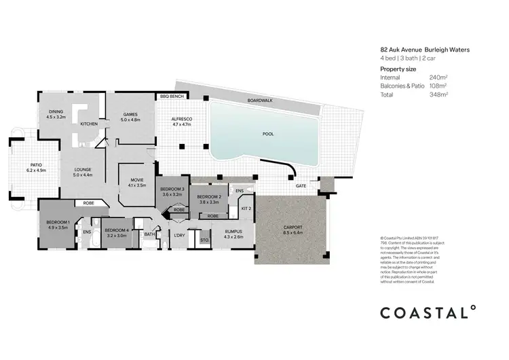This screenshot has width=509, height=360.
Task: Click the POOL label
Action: click(267, 134)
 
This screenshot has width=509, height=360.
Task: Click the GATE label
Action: click(300, 185)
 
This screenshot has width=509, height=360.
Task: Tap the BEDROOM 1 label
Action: click(58, 222)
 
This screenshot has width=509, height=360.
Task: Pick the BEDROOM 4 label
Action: click(117, 230)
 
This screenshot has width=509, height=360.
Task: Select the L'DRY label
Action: click(180, 235)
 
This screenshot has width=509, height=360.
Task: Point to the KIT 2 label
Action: click(246, 209)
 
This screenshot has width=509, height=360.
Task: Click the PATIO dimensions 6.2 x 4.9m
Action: click(36, 170)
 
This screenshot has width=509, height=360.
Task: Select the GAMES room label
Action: click(131, 114)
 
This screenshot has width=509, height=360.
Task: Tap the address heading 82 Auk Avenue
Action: click(404, 50)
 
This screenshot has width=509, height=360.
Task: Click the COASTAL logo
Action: click(428, 312)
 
